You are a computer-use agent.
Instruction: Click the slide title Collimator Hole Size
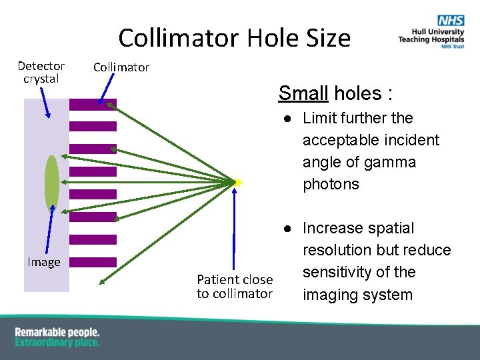234,38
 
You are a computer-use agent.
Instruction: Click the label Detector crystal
41,72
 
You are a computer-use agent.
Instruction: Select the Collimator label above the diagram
121,67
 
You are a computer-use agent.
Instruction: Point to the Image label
44,262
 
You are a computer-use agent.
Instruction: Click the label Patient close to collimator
235,286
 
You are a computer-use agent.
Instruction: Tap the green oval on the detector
51,182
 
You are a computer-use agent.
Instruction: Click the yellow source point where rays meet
237,182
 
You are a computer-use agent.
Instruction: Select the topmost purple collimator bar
93,104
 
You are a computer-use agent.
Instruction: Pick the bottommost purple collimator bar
93,262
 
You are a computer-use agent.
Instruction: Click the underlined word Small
303,93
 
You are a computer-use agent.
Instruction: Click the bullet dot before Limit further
285,119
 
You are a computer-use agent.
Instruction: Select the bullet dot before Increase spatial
285,229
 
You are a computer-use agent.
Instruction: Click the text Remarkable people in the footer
57,332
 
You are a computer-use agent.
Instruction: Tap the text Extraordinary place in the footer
57,343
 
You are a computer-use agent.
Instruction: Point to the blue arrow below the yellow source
235,227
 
